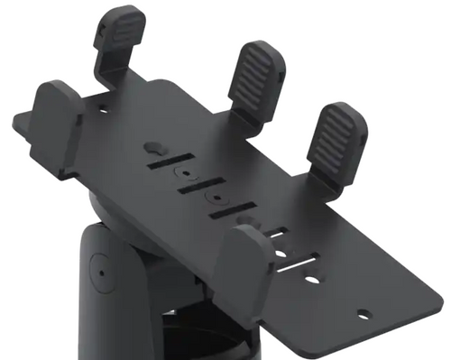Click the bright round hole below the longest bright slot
coord(311,281)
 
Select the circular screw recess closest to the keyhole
coord(185,172)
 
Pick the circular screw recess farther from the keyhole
coord(216,196)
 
